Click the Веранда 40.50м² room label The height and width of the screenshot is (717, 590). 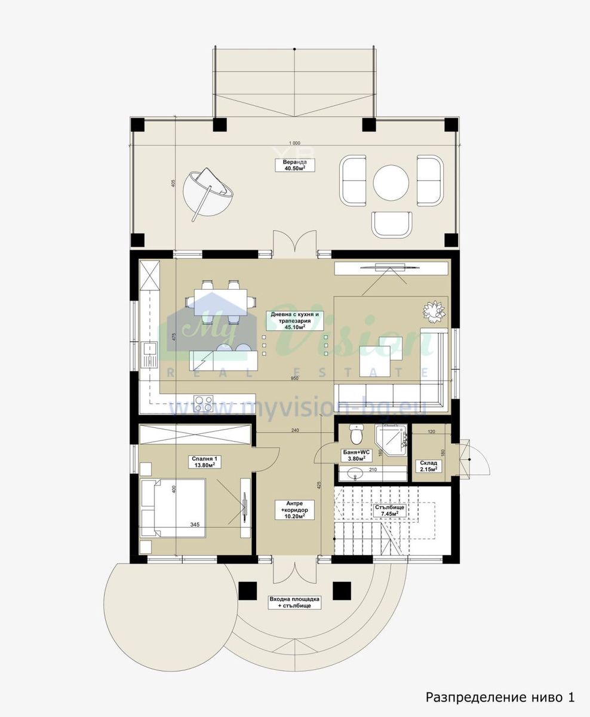[x=294, y=165]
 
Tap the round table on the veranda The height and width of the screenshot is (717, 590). [x=391, y=182]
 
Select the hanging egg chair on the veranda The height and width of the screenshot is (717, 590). [x=208, y=193]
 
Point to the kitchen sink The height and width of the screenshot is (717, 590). [x=149, y=354]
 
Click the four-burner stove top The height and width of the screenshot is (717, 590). [x=203, y=403]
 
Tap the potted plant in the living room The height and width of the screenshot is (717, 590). [x=434, y=311]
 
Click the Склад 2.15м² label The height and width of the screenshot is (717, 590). [x=429, y=466]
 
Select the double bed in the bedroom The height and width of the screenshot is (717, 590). [x=173, y=508]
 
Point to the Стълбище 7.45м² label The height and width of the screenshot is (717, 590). [x=390, y=510]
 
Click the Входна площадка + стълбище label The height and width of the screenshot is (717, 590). [x=294, y=602]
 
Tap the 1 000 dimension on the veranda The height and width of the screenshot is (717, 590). [x=294, y=143]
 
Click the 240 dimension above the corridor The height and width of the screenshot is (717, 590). [x=295, y=430]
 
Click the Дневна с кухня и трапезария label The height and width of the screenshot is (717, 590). [x=294, y=321]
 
